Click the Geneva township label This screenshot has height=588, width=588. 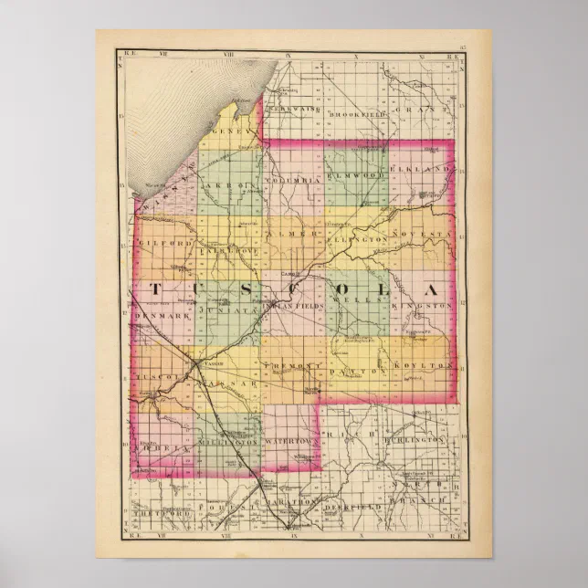(x=236, y=131)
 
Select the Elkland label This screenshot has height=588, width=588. (x=421, y=170)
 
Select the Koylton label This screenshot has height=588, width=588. (x=423, y=365)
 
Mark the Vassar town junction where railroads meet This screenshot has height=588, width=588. (x=199, y=363)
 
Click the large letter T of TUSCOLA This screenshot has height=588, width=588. (x=154, y=289)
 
